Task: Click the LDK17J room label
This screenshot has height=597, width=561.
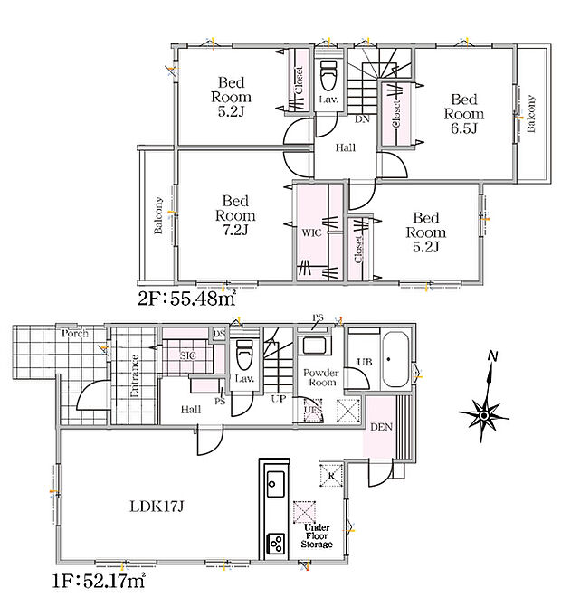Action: click(x=157, y=507)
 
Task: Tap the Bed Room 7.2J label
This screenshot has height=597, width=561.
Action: click(x=235, y=215)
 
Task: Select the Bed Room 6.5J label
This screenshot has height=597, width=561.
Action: click(x=464, y=114)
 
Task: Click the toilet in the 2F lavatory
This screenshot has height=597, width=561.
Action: click(x=328, y=74)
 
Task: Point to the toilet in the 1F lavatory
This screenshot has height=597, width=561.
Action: click(x=243, y=355)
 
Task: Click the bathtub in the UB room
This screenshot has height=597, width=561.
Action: click(x=395, y=360)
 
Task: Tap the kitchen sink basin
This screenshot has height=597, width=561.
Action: click(x=275, y=484)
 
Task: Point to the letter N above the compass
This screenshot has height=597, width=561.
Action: click(x=493, y=356)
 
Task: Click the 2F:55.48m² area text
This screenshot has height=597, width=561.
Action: click(x=186, y=298)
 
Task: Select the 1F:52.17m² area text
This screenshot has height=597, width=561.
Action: click(x=99, y=581)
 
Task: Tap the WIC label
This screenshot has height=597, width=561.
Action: click(x=311, y=232)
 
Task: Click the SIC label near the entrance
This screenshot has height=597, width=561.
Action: click(x=188, y=355)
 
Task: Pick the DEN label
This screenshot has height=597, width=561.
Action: click(x=381, y=427)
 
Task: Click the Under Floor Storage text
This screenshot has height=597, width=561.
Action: click(x=317, y=536)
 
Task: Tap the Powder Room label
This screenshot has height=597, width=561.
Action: click(x=320, y=377)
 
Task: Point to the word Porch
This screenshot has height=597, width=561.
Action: click(x=75, y=334)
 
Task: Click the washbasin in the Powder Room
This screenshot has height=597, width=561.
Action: click(x=315, y=346)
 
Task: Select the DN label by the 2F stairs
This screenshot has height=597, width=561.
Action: click(x=362, y=119)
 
